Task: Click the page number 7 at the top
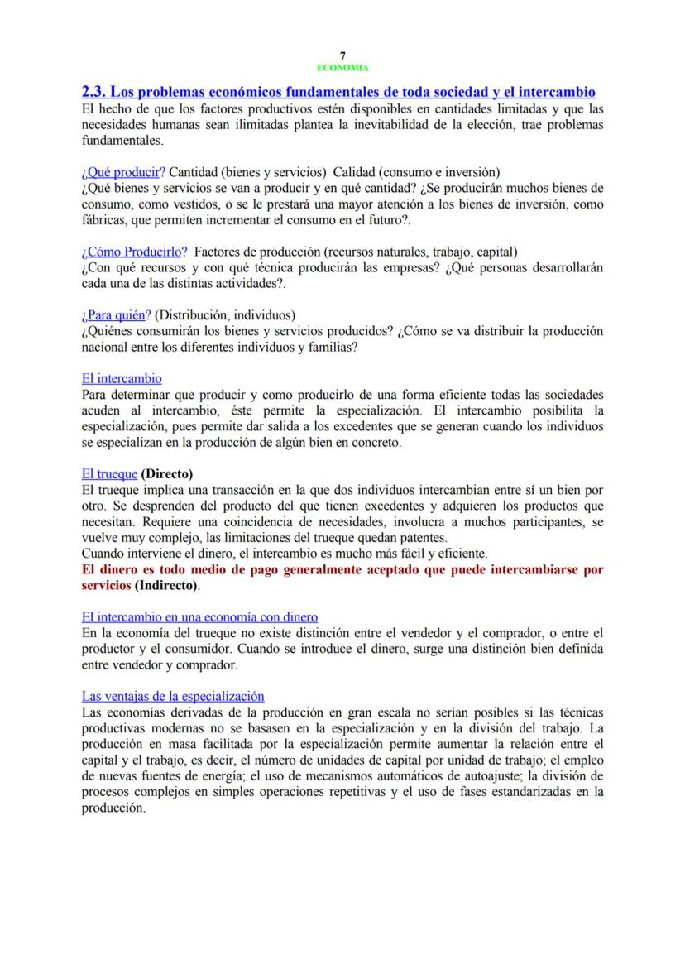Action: coord(342,55)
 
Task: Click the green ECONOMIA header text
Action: coord(342,68)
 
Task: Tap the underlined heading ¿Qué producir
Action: coord(120,172)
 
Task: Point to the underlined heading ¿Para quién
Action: coord(114,315)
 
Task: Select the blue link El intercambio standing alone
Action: coord(122,379)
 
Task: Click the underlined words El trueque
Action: coord(109,474)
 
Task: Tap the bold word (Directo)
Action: coord(167,474)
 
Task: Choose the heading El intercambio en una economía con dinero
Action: coord(199,616)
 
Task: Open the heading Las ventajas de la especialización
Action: coord(172,697)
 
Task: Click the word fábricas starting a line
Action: coord(103,220)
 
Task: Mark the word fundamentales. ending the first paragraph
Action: coord(117,141)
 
